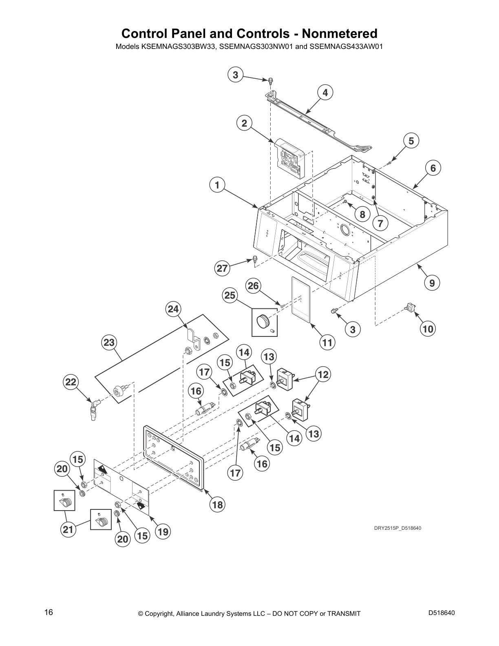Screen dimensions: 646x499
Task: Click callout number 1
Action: click(217, 185)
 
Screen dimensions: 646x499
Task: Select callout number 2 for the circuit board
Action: click(244, 123)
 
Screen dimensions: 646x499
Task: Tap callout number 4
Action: click(325, 93)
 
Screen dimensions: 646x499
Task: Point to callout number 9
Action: click(432, 283)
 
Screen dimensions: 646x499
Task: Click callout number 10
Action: click(428, 328)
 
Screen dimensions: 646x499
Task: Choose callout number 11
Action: click(327, 343)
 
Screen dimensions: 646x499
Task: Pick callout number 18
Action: click(217, 505)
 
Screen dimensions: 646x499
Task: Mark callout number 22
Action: click(71, 382)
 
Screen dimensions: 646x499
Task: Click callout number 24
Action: click(173, 310)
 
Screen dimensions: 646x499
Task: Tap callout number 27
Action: click(222, 268)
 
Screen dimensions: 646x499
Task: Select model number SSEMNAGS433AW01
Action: click(346, 46)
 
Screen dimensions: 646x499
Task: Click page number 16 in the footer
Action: click(49, 613)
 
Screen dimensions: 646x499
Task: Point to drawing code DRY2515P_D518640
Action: click(397, 529)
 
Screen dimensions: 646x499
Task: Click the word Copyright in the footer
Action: click(160, 613)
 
